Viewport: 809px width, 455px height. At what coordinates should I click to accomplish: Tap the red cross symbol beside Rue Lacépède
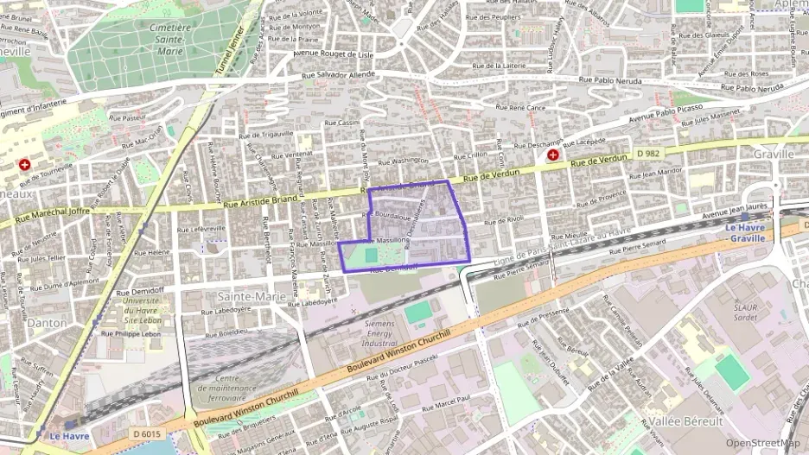[552, 155]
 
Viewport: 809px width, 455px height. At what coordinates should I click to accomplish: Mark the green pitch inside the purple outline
[371, 256]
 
